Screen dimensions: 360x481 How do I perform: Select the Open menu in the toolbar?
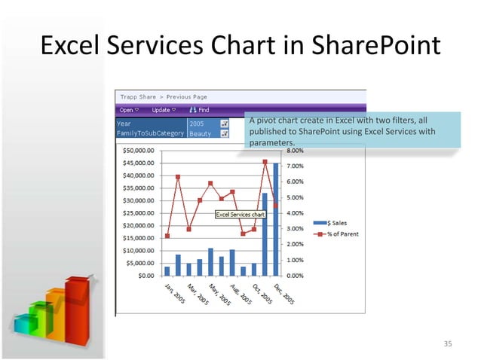point(129,110)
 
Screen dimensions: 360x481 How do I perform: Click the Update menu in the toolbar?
point(163,110)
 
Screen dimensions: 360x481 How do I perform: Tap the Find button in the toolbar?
point(199,110)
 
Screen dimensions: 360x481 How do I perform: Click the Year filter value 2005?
point(197,123)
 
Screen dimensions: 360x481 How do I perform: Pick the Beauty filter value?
point(200,133)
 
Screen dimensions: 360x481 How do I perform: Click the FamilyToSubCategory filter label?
point(149,133)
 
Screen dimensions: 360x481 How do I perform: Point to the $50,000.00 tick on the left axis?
point(138,151)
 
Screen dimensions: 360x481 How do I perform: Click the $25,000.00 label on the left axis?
point(138,213)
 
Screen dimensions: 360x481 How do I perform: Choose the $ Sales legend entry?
point(331,223)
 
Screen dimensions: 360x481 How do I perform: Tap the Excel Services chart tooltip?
point(240,215)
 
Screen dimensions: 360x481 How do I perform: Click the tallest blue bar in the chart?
point(276,218)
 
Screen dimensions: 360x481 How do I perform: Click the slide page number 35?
point(448,344)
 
